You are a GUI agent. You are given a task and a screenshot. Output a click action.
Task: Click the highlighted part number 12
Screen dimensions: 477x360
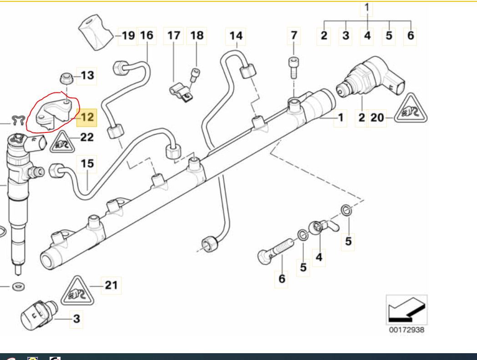(x=86, y=117)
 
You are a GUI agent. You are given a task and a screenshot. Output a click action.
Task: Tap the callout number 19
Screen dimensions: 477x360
(x=128, y=35)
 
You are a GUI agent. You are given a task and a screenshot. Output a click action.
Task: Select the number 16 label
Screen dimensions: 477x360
(x=147, y=35)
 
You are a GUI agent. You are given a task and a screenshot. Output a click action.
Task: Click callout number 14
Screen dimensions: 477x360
(x=236, y=36)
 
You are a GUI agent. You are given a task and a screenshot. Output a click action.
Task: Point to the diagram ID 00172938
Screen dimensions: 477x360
(x=406, y=330)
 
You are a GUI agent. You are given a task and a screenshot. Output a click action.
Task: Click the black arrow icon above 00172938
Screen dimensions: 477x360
(x=406, y=310)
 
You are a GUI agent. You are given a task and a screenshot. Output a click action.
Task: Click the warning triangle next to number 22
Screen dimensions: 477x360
(x=62, y=142)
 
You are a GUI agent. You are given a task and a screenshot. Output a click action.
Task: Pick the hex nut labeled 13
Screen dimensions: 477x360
(x=66, y=79)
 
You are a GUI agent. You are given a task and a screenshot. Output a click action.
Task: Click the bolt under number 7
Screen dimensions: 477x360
(x=293, y=67)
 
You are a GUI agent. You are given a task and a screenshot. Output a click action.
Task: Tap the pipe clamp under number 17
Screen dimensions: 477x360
(x=181, y=93)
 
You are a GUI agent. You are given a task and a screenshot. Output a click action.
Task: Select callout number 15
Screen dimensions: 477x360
(x=87, y=164)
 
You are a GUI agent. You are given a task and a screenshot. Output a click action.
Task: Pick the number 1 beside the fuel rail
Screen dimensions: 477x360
(x=340, y=117)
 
